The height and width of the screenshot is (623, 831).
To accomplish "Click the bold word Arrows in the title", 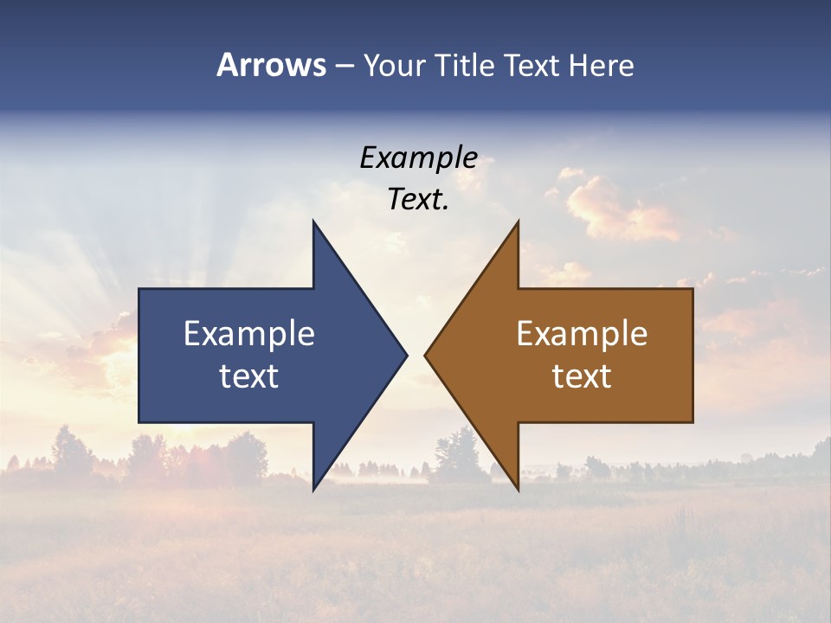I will pos(272,65).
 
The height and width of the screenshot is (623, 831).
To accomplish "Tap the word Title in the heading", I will pos(468,66).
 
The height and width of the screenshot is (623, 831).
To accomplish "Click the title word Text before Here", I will pos(534,66).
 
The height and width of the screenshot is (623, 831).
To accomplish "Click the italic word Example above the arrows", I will pos(418,158).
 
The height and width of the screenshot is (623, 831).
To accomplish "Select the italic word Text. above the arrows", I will pos(418,200).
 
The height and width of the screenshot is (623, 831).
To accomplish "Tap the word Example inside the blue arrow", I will pos(249,334).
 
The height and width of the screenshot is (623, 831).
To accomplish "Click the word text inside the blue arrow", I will pos(249,376).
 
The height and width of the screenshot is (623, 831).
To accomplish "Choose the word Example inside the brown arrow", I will pos(582,334).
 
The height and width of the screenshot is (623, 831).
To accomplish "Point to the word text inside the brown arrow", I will pos(582,376).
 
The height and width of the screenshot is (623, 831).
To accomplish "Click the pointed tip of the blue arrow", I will pos(406,355).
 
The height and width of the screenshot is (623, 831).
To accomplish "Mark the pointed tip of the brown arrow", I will pos(425,355).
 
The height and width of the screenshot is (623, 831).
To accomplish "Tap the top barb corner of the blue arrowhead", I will pos(313,222).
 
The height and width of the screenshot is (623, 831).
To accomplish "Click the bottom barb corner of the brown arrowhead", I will pos(518,489).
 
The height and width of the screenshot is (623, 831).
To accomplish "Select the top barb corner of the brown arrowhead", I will pos(518,222).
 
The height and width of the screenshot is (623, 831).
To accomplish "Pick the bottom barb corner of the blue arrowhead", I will pos(313,489).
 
